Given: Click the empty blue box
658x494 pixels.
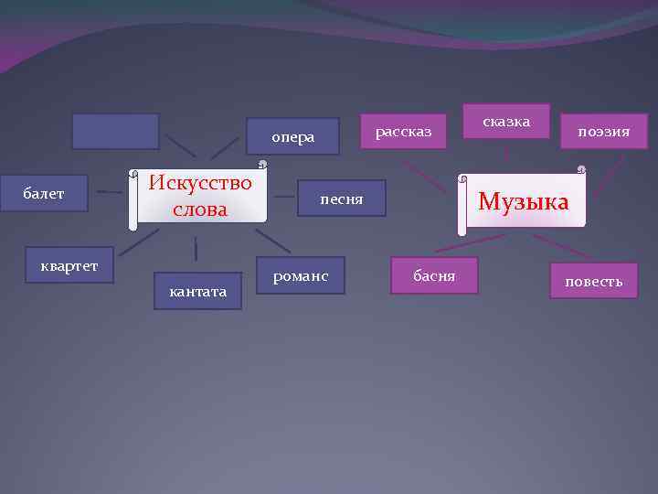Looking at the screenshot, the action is pyautogui.click(x=115, y=131).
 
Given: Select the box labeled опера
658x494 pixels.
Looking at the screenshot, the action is pyautogui.click(x=292, y=137).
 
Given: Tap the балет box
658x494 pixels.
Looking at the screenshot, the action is pyautogui.click(x=44, y=193).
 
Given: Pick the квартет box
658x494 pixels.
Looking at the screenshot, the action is pyautogui.click(x=69, y=265).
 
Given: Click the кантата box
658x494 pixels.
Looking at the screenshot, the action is pyautogui.click(x=198, y=291).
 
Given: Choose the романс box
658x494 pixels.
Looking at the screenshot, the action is pyautogui.click(x=301, y=275).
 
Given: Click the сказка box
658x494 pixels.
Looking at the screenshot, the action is pyautogui.click(x=505, y=121).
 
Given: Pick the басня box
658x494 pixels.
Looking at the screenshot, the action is pyautogui.click(x=434, y=275).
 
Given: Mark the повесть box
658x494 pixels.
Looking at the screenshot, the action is pyautogui.click(x=594, y=281).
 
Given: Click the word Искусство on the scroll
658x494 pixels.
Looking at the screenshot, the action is pyautogui.click(x=200, y=181).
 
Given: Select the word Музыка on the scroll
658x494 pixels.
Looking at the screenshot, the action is pyautogui.click(x=523, y=201).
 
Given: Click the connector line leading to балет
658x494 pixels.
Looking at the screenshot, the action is pyautogui.click(x=110, y=192).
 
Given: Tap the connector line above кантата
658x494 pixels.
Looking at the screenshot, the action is pyautogui.click(x=196, y=248).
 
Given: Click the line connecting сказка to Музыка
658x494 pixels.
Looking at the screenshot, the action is pyautogui.click(x=505, y=155).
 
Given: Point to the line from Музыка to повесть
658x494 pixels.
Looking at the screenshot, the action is pyautogui.click(x=561, y=244).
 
